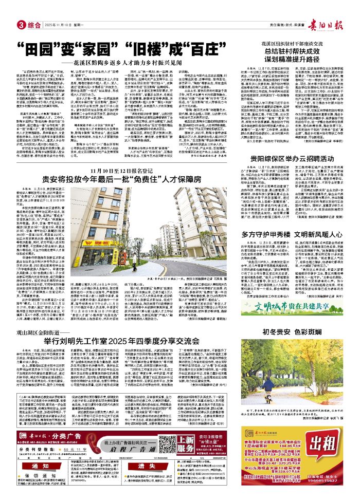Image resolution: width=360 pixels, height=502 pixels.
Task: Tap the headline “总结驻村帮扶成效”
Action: (297, 65)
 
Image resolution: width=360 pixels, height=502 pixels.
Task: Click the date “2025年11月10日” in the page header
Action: (57, 25)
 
